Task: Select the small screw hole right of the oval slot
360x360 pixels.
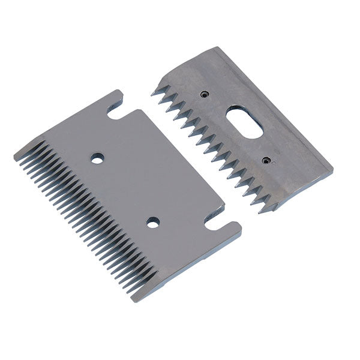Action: tap(266, 160)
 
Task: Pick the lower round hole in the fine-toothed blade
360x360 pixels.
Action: tap(153, 223)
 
